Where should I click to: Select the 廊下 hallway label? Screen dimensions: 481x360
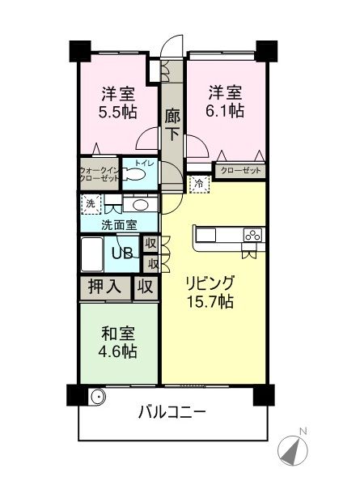pos(172,126)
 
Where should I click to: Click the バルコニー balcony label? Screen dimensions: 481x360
pos(172,411)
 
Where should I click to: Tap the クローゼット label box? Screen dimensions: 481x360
pos(238,169)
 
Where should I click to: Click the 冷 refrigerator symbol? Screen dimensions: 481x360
pos(197,184)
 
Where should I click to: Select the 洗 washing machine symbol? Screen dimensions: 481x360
pos(91,204)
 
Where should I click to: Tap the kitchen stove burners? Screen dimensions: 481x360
pos(252,236)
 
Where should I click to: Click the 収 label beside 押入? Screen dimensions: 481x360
pos(145,286)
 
